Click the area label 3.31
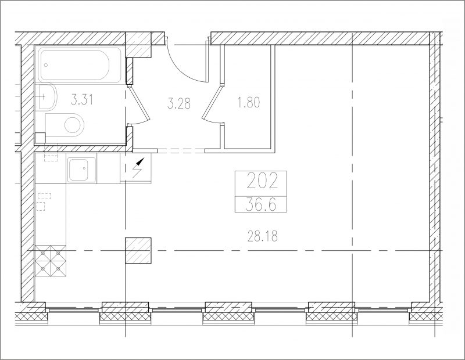(82, 99)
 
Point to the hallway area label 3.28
(179, 104)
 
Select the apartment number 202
(262, 181)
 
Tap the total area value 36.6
(261, 204)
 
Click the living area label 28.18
(263, 236)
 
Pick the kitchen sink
(82, 170)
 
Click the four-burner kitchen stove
(51, 261)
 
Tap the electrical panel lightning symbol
(138, 168)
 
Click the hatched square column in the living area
(138, 251)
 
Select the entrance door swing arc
(183, 67)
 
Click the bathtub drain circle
(46, 65)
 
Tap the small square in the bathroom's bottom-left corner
(40, 138)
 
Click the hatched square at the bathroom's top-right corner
(139, 45)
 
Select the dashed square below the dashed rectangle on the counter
(41, 206)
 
